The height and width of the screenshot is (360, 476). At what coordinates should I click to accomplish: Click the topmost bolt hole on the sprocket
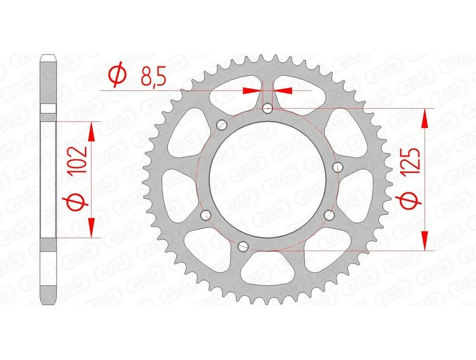tap(268, 108)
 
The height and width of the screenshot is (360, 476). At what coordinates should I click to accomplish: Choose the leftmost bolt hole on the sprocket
tap(206, 215)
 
